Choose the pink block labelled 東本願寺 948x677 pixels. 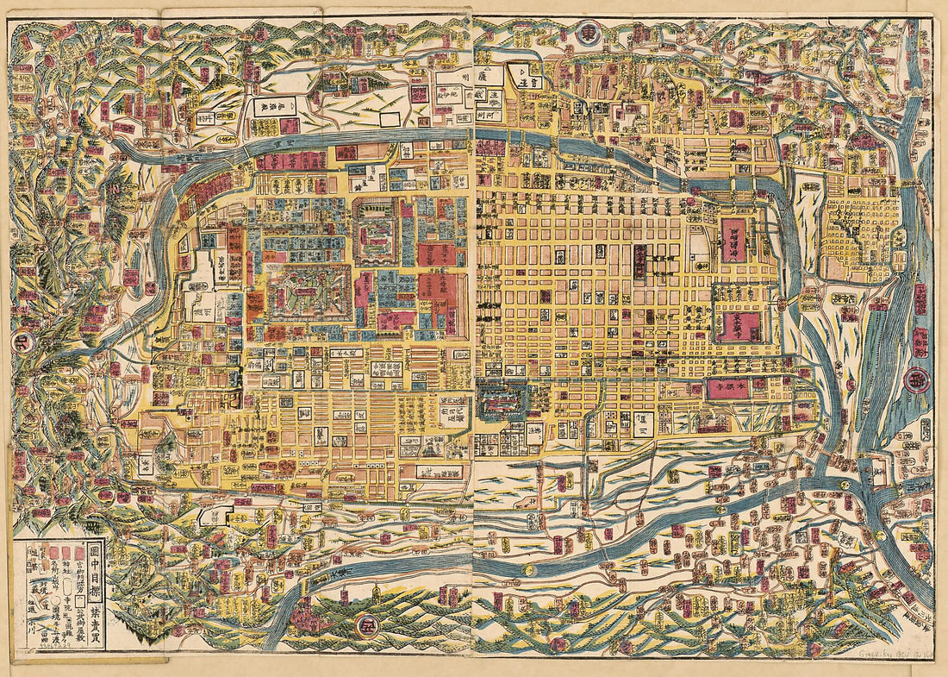pos(740,326)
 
